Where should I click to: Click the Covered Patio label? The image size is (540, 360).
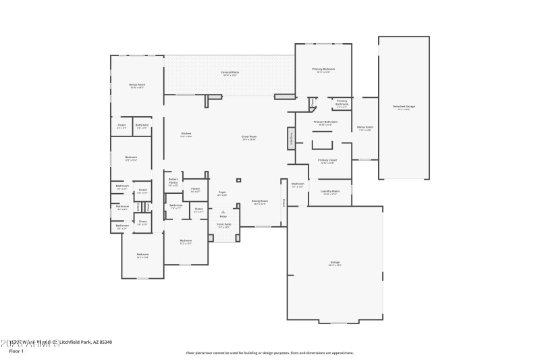click(230, 72)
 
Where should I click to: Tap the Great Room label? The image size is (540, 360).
click(250, 136)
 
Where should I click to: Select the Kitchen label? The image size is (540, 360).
click(186, 134)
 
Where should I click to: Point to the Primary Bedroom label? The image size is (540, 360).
click(323, 70)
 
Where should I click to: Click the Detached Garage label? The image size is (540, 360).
click(404, 107)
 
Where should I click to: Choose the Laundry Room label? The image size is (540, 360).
click(329, 191)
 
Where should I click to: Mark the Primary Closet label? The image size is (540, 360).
click(327, 160)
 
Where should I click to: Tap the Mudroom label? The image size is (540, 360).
click(298, 184)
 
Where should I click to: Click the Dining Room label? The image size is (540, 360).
click(260, 201)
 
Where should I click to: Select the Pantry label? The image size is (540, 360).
click(195, 189)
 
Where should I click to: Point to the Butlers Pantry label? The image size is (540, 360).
click(173, 181)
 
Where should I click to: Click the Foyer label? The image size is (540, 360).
click(222, 192)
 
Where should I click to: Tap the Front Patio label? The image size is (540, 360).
click(224, 224)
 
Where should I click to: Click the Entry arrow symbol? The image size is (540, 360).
click(223, 211)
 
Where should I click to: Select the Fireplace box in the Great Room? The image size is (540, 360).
click(292, 138)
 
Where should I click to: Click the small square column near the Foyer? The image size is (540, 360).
click(238, 180)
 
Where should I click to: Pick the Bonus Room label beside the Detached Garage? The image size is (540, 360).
click(365, 127)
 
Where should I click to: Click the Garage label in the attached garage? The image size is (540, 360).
click(335, 262)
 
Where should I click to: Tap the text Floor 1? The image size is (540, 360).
click(16, 351)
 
